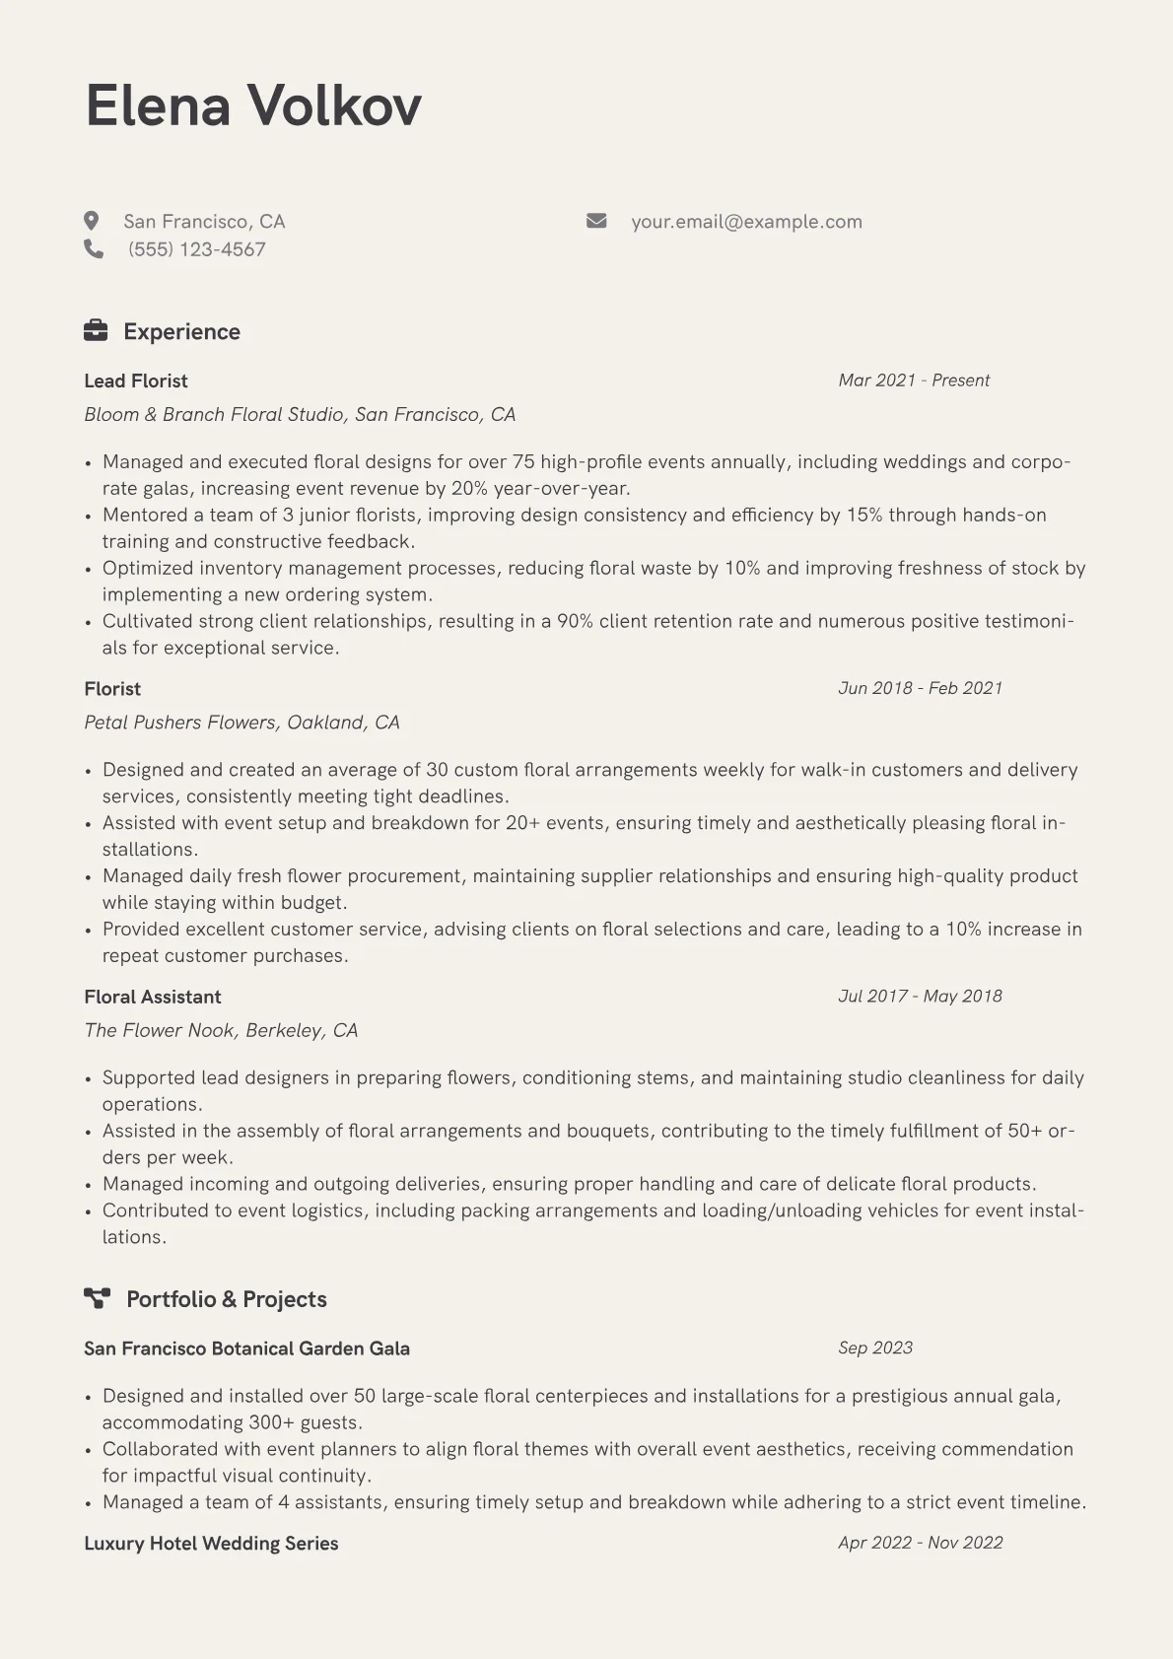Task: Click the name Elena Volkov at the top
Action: (253, 105)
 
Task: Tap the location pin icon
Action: (92, 221)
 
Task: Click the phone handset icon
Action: (94, 248)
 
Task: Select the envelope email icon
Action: (596, 221)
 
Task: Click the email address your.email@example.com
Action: (746, 222)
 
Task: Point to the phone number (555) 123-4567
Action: (196, 249)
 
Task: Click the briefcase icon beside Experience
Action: (96, 330)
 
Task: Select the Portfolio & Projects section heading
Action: (226, 1299)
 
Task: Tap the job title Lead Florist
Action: (136, 380)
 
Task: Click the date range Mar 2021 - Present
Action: (914, 380)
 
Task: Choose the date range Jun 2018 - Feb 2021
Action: (920, 688)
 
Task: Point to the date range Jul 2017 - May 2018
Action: (920, 996)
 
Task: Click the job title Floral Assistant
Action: (153, 997)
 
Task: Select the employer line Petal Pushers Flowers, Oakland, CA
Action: (241, 723)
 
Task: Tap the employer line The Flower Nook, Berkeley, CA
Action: (221, 1030)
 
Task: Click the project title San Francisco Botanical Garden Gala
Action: (246, 1348)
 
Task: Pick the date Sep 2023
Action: (875, 1348)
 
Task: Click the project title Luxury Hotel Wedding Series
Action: (211, 1544)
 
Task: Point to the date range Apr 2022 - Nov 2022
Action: (920, 1543)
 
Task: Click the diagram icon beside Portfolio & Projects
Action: (97, 1298)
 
